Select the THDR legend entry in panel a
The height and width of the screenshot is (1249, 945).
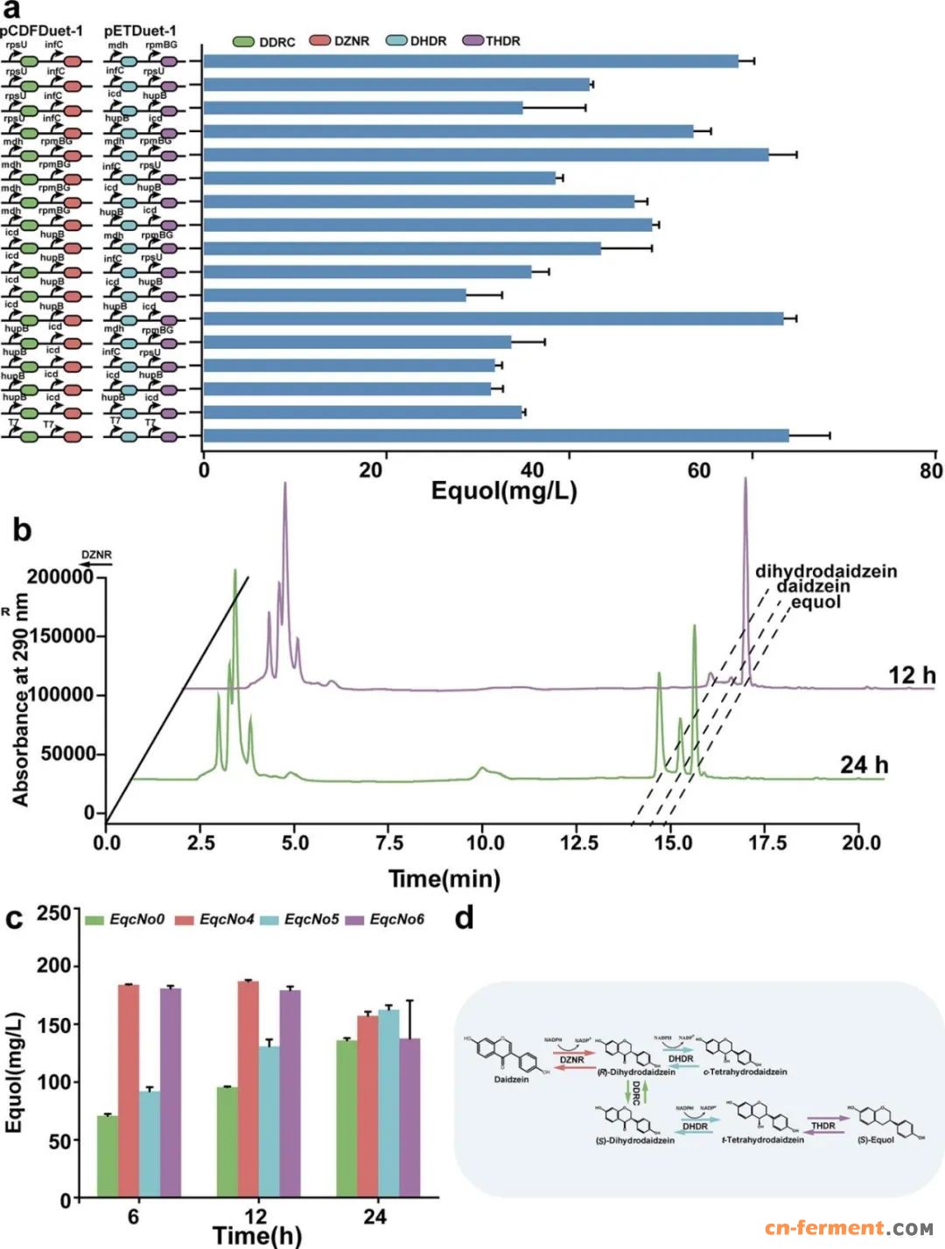492,41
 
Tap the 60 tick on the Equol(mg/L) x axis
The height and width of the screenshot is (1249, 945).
699,471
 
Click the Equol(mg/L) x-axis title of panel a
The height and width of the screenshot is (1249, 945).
504,491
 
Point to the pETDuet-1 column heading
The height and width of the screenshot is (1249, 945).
140,31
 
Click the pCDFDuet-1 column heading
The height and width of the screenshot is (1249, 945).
42,31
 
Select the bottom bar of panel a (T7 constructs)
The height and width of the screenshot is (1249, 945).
496,436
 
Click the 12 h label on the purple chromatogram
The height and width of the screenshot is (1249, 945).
912,675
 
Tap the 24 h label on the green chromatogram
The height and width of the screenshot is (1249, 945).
864,764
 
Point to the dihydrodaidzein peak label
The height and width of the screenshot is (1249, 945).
826,571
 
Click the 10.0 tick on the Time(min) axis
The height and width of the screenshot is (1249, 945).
485,842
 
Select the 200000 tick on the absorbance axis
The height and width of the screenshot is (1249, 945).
60,576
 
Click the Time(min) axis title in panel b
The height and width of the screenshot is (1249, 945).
444,878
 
